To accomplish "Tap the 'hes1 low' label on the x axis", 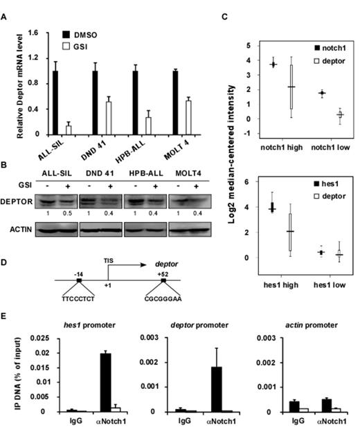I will tap(327, 285).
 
